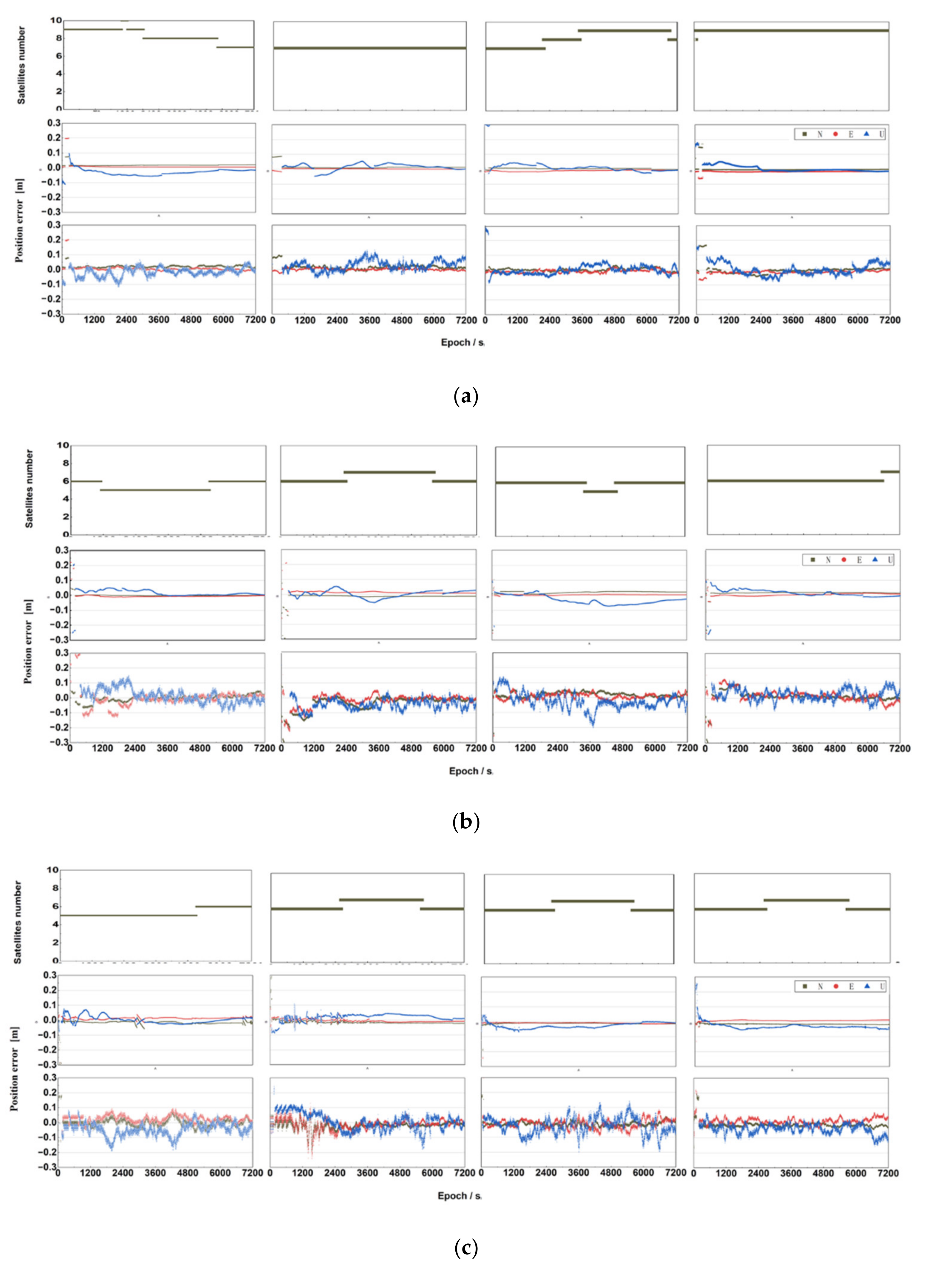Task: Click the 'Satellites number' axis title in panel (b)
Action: (x=29, y=488)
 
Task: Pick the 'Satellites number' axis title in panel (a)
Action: (x=21, y=65)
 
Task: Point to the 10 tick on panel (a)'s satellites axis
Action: (x=55, y=21)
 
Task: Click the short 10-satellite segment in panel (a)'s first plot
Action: (x=124, y=21)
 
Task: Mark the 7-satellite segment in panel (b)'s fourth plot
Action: (x=890, y=472)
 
